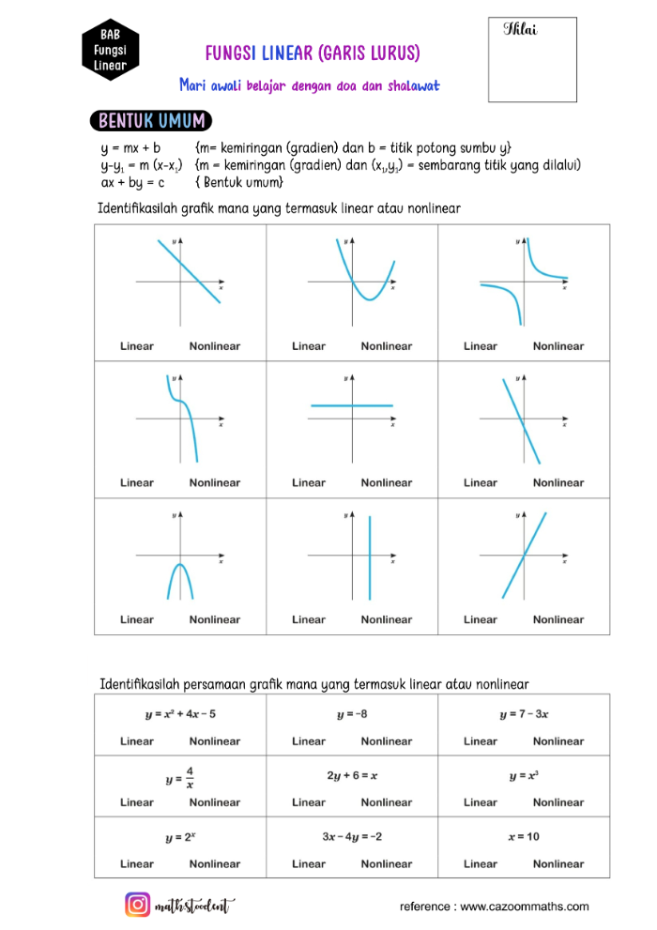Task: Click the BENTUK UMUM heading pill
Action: tap(151, 121)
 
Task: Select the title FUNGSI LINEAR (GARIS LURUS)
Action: tap(313, 53)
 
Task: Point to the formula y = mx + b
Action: tap(130, 148)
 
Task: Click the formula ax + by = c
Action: tap(132, 182)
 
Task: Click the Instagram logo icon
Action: tap(138, 905)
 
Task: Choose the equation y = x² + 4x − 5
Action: tap(180, 714)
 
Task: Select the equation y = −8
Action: tap(352, 714)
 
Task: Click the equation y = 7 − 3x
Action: tap(524, 714)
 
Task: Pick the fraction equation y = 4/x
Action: tap(179, 777)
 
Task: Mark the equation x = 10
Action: tap(524, 836)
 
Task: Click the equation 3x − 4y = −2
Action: tap(352, 836)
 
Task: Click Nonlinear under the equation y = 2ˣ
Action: tap(215, 863)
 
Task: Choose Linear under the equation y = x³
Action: tap(481, 802)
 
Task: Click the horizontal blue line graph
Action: tap(352, 405)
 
